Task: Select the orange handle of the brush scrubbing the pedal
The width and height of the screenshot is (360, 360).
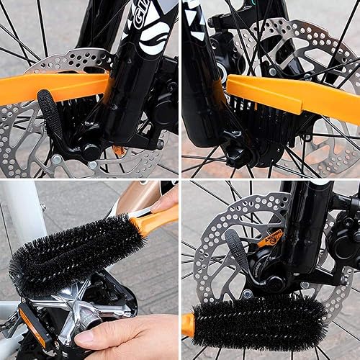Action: click(155, 220)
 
